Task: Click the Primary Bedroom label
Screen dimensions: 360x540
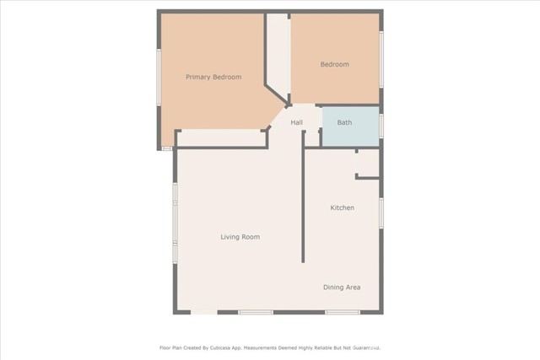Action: (213, 77)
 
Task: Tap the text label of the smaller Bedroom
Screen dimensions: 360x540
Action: (334, 64)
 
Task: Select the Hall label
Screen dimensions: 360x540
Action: (297, 123)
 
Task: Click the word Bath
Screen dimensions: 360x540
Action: (344, 123)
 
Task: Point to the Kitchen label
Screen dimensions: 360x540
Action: (342, 207)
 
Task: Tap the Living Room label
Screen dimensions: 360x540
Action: (240, 237)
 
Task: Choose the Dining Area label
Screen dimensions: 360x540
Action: (342, 287)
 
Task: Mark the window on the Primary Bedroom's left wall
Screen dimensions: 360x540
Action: (158, 77)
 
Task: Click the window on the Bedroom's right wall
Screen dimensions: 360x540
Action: (381, 59)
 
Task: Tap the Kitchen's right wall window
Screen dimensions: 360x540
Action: (381, 212)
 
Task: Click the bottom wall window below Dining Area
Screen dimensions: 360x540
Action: (343, 313)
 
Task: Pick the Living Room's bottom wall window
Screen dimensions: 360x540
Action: (255, 313)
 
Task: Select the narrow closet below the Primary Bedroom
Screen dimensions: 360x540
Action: (221, 137)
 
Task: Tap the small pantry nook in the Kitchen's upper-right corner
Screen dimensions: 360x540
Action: (369, 164)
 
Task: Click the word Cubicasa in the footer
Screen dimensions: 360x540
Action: (239, 347)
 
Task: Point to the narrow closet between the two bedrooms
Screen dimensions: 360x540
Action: (278, 51)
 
